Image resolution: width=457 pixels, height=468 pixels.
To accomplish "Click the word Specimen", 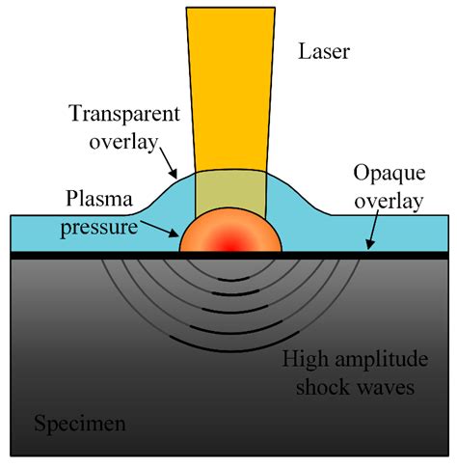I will click(x=81, y=423).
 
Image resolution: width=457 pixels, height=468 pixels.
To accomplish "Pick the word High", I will click(x=303, y=361).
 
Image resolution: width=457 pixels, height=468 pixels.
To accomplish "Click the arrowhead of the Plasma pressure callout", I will click(x=175, y=235).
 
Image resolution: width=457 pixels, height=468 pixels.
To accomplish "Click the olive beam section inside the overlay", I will click(x=229, y=187).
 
